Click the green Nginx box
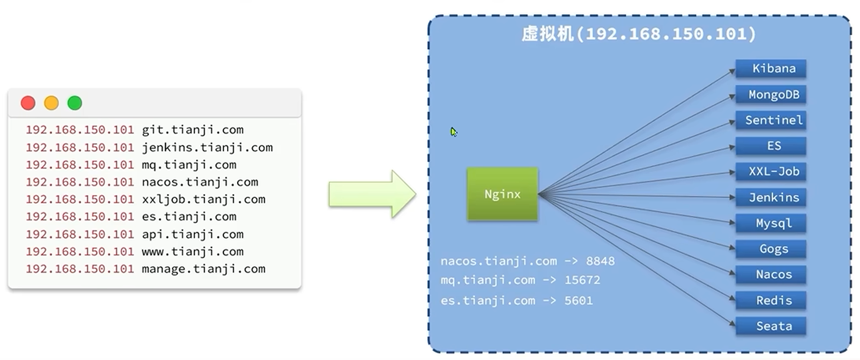[502, 194]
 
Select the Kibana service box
[771, 68]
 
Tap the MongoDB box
[771, 95]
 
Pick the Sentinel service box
[771, 121]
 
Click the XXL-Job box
[771, 171]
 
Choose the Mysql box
[771, 223]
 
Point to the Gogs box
[771, 249]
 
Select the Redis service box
[771, 300]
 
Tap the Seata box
[771, 326]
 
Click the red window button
[28, 103]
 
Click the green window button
[75, 103]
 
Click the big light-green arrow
[371, 194]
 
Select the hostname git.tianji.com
[192, 130]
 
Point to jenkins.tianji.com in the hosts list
[207, 147]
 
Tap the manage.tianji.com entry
[203, 269]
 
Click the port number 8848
[600, 261]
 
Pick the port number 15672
[582, 280]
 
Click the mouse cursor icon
[453, 132]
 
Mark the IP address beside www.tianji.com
[80, 252]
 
